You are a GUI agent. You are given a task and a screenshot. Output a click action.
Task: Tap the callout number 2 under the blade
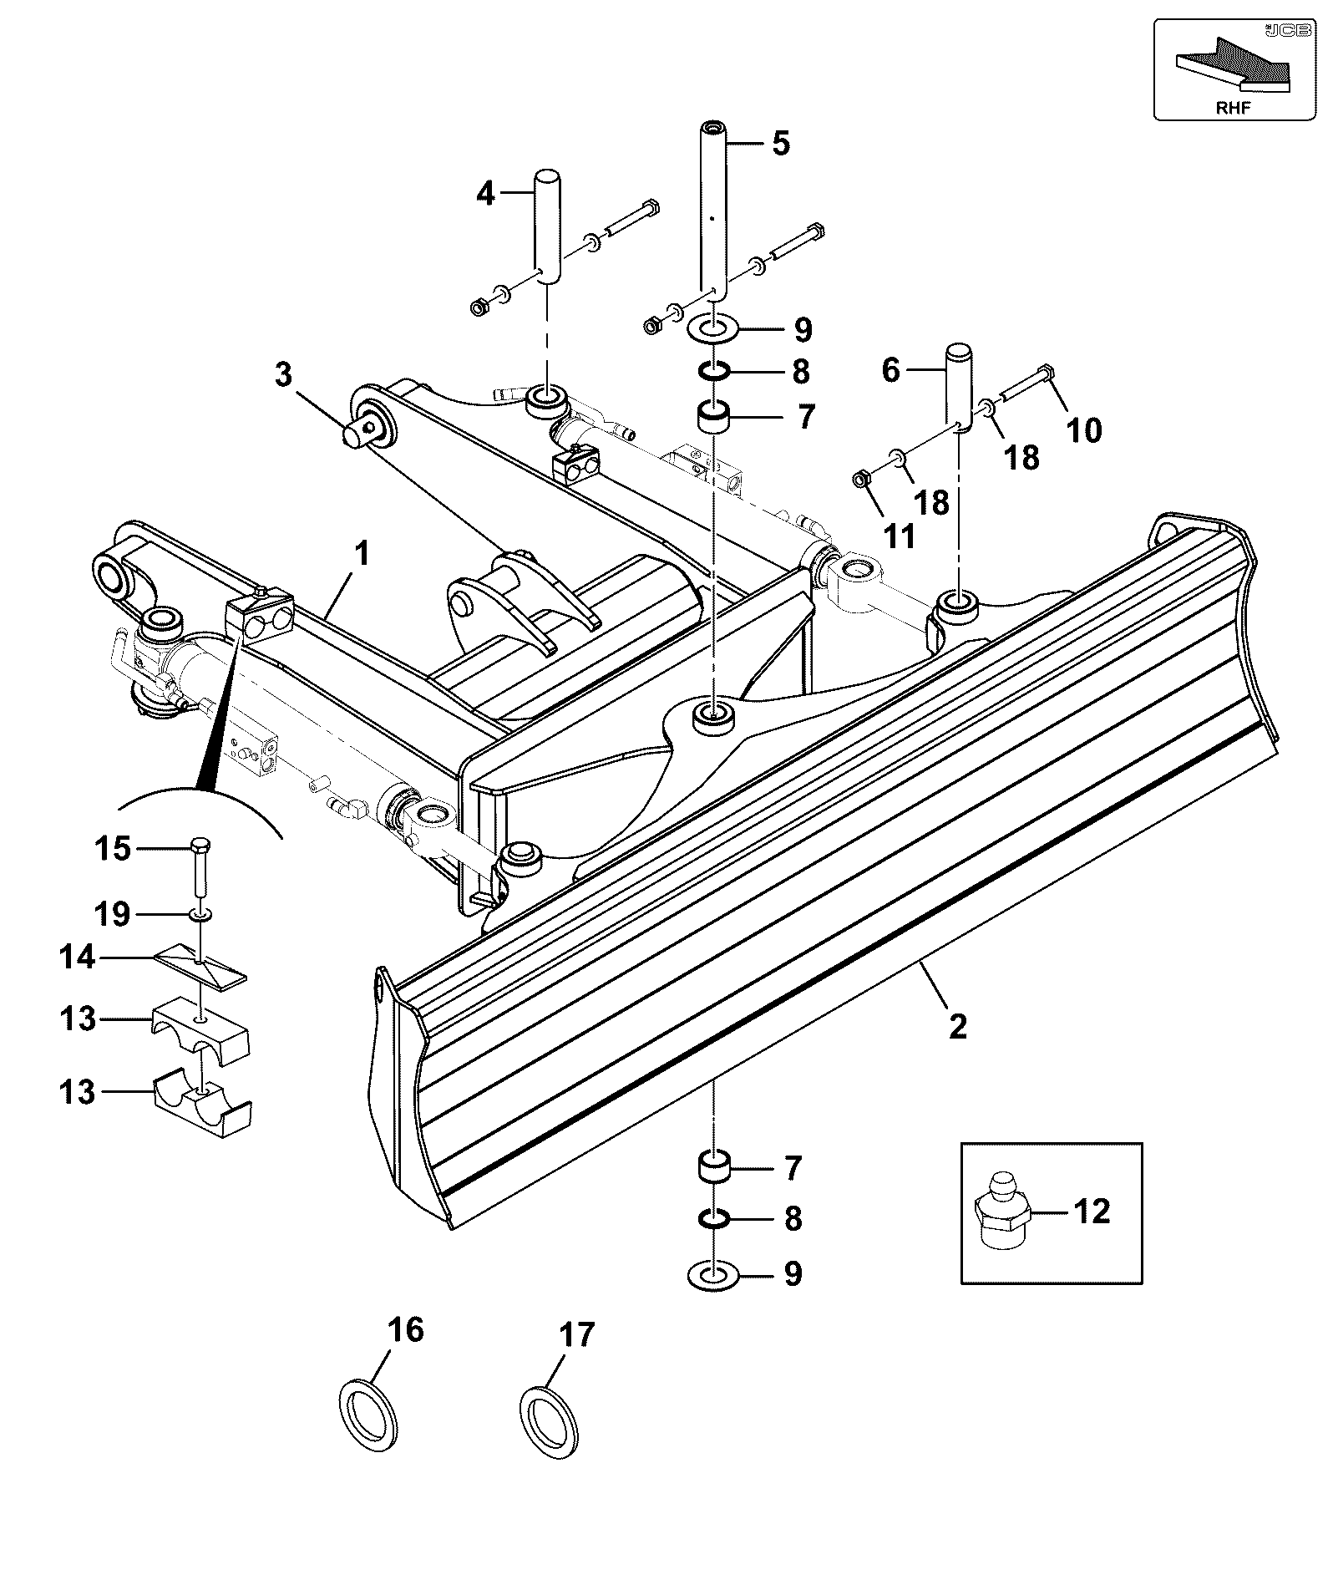coord(957,1025)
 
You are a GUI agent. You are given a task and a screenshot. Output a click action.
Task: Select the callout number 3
coord(284,374)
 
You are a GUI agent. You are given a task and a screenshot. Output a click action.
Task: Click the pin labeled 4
coord(547,227)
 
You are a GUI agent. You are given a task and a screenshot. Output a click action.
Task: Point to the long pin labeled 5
coord(713,210)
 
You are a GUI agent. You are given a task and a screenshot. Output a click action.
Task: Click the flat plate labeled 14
coord(202,967)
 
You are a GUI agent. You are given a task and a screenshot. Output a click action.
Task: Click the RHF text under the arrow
coord(1233,107)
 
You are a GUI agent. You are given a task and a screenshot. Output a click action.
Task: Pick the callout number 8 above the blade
coord(800,372)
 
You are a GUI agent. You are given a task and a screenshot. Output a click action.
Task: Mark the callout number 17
coord(580,1334)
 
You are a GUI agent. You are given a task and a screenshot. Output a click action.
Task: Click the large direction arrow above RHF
coord(1233,65)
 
